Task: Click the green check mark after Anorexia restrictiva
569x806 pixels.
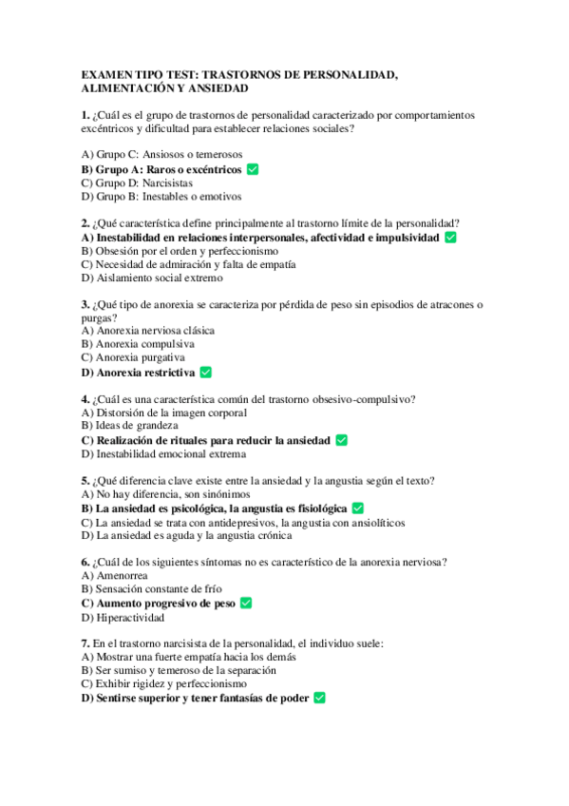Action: coord(206,373)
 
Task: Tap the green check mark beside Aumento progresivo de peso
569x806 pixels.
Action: coord(246,603)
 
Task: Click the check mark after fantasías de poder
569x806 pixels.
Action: coord(319,697)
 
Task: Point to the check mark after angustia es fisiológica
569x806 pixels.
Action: coord(358,509)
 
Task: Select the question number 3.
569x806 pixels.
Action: coord(85,304)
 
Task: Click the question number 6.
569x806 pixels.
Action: coord(85,562)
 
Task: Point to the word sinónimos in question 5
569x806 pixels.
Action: coord(223,494)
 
